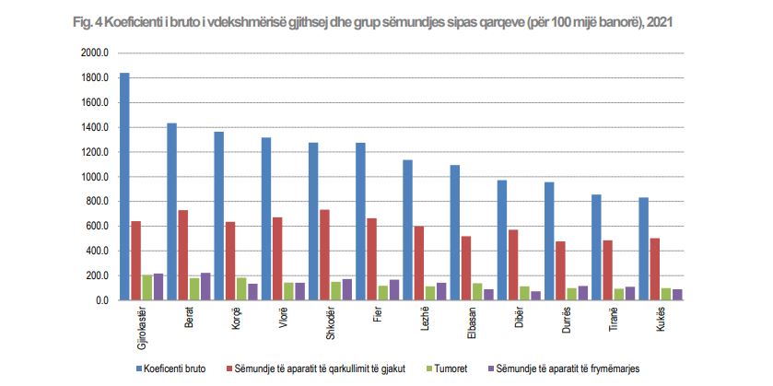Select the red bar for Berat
click(182, 255)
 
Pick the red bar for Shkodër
click(324, 255)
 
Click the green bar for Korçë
click(241, 288)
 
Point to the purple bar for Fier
click(393, 289)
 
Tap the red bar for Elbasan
click(465, 268)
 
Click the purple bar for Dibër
click(535, 296)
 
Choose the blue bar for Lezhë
click(407, 229)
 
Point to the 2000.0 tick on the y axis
click(95, 53)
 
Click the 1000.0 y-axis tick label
click(95, 177)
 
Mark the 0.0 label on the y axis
click(100, 300)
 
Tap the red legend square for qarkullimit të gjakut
click(226, 368)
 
